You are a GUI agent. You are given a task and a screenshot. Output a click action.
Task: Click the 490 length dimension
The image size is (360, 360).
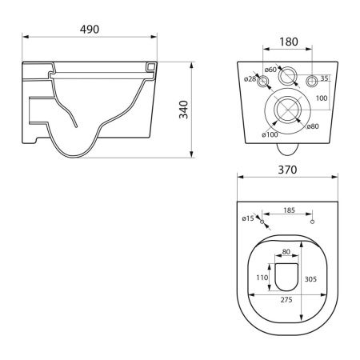pyautogui.click(x=90, y=30)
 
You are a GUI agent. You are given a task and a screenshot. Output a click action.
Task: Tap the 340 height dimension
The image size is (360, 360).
pyautogui.click(x=184, y=110)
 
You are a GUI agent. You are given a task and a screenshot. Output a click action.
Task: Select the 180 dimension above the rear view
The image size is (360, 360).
pyautogui.click(x=289, y=42)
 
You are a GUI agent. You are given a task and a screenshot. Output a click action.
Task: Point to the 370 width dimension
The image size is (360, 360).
pyautogui.click(x=287, y=170)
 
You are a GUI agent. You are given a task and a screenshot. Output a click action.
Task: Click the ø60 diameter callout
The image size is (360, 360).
pyautogui.click(x=270, y=70)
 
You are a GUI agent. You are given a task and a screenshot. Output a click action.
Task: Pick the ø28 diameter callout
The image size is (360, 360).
pyautogui.click(x=250, y=78)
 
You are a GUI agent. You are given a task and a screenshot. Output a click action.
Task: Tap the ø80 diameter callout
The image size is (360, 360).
pyautogui.click(x=313, y=126)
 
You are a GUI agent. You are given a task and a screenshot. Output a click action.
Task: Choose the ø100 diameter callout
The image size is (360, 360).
pyautogui.click(x=270, y=134)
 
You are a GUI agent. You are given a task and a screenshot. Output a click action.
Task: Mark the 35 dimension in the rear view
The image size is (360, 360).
pyautogui.click(x=324, y=78)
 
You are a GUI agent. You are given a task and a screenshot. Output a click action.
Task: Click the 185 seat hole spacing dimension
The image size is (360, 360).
pyautogui.click(x=289, y=210)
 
